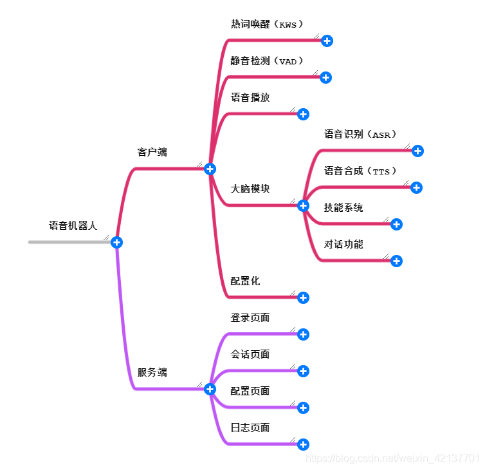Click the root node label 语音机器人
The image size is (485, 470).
pos(73,226)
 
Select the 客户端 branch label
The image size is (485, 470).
pos(152,153)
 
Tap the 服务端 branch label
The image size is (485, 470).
pos(152,372)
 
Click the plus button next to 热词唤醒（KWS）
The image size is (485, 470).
pos(327,41)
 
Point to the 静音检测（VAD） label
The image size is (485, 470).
pos(267,61)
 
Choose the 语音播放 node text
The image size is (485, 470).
pos(250,98)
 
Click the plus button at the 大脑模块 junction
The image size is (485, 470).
pos(304,205)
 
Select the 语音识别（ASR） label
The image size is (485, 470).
pos(361,135)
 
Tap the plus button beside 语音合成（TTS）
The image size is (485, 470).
pos(416,187)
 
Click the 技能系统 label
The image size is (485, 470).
pos(343,208)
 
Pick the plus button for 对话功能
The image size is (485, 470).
pos(396,261)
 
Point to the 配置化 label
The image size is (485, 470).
pos(245,281)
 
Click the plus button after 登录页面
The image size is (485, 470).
pos(304,334)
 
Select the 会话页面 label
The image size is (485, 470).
pos(250,355)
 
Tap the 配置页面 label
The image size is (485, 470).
pos(250,391)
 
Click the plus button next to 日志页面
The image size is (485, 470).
pos(304,444)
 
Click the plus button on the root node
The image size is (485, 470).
pos(116,242)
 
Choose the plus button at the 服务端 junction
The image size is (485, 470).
pos(210,389)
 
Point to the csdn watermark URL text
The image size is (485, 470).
pos(392,458)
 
